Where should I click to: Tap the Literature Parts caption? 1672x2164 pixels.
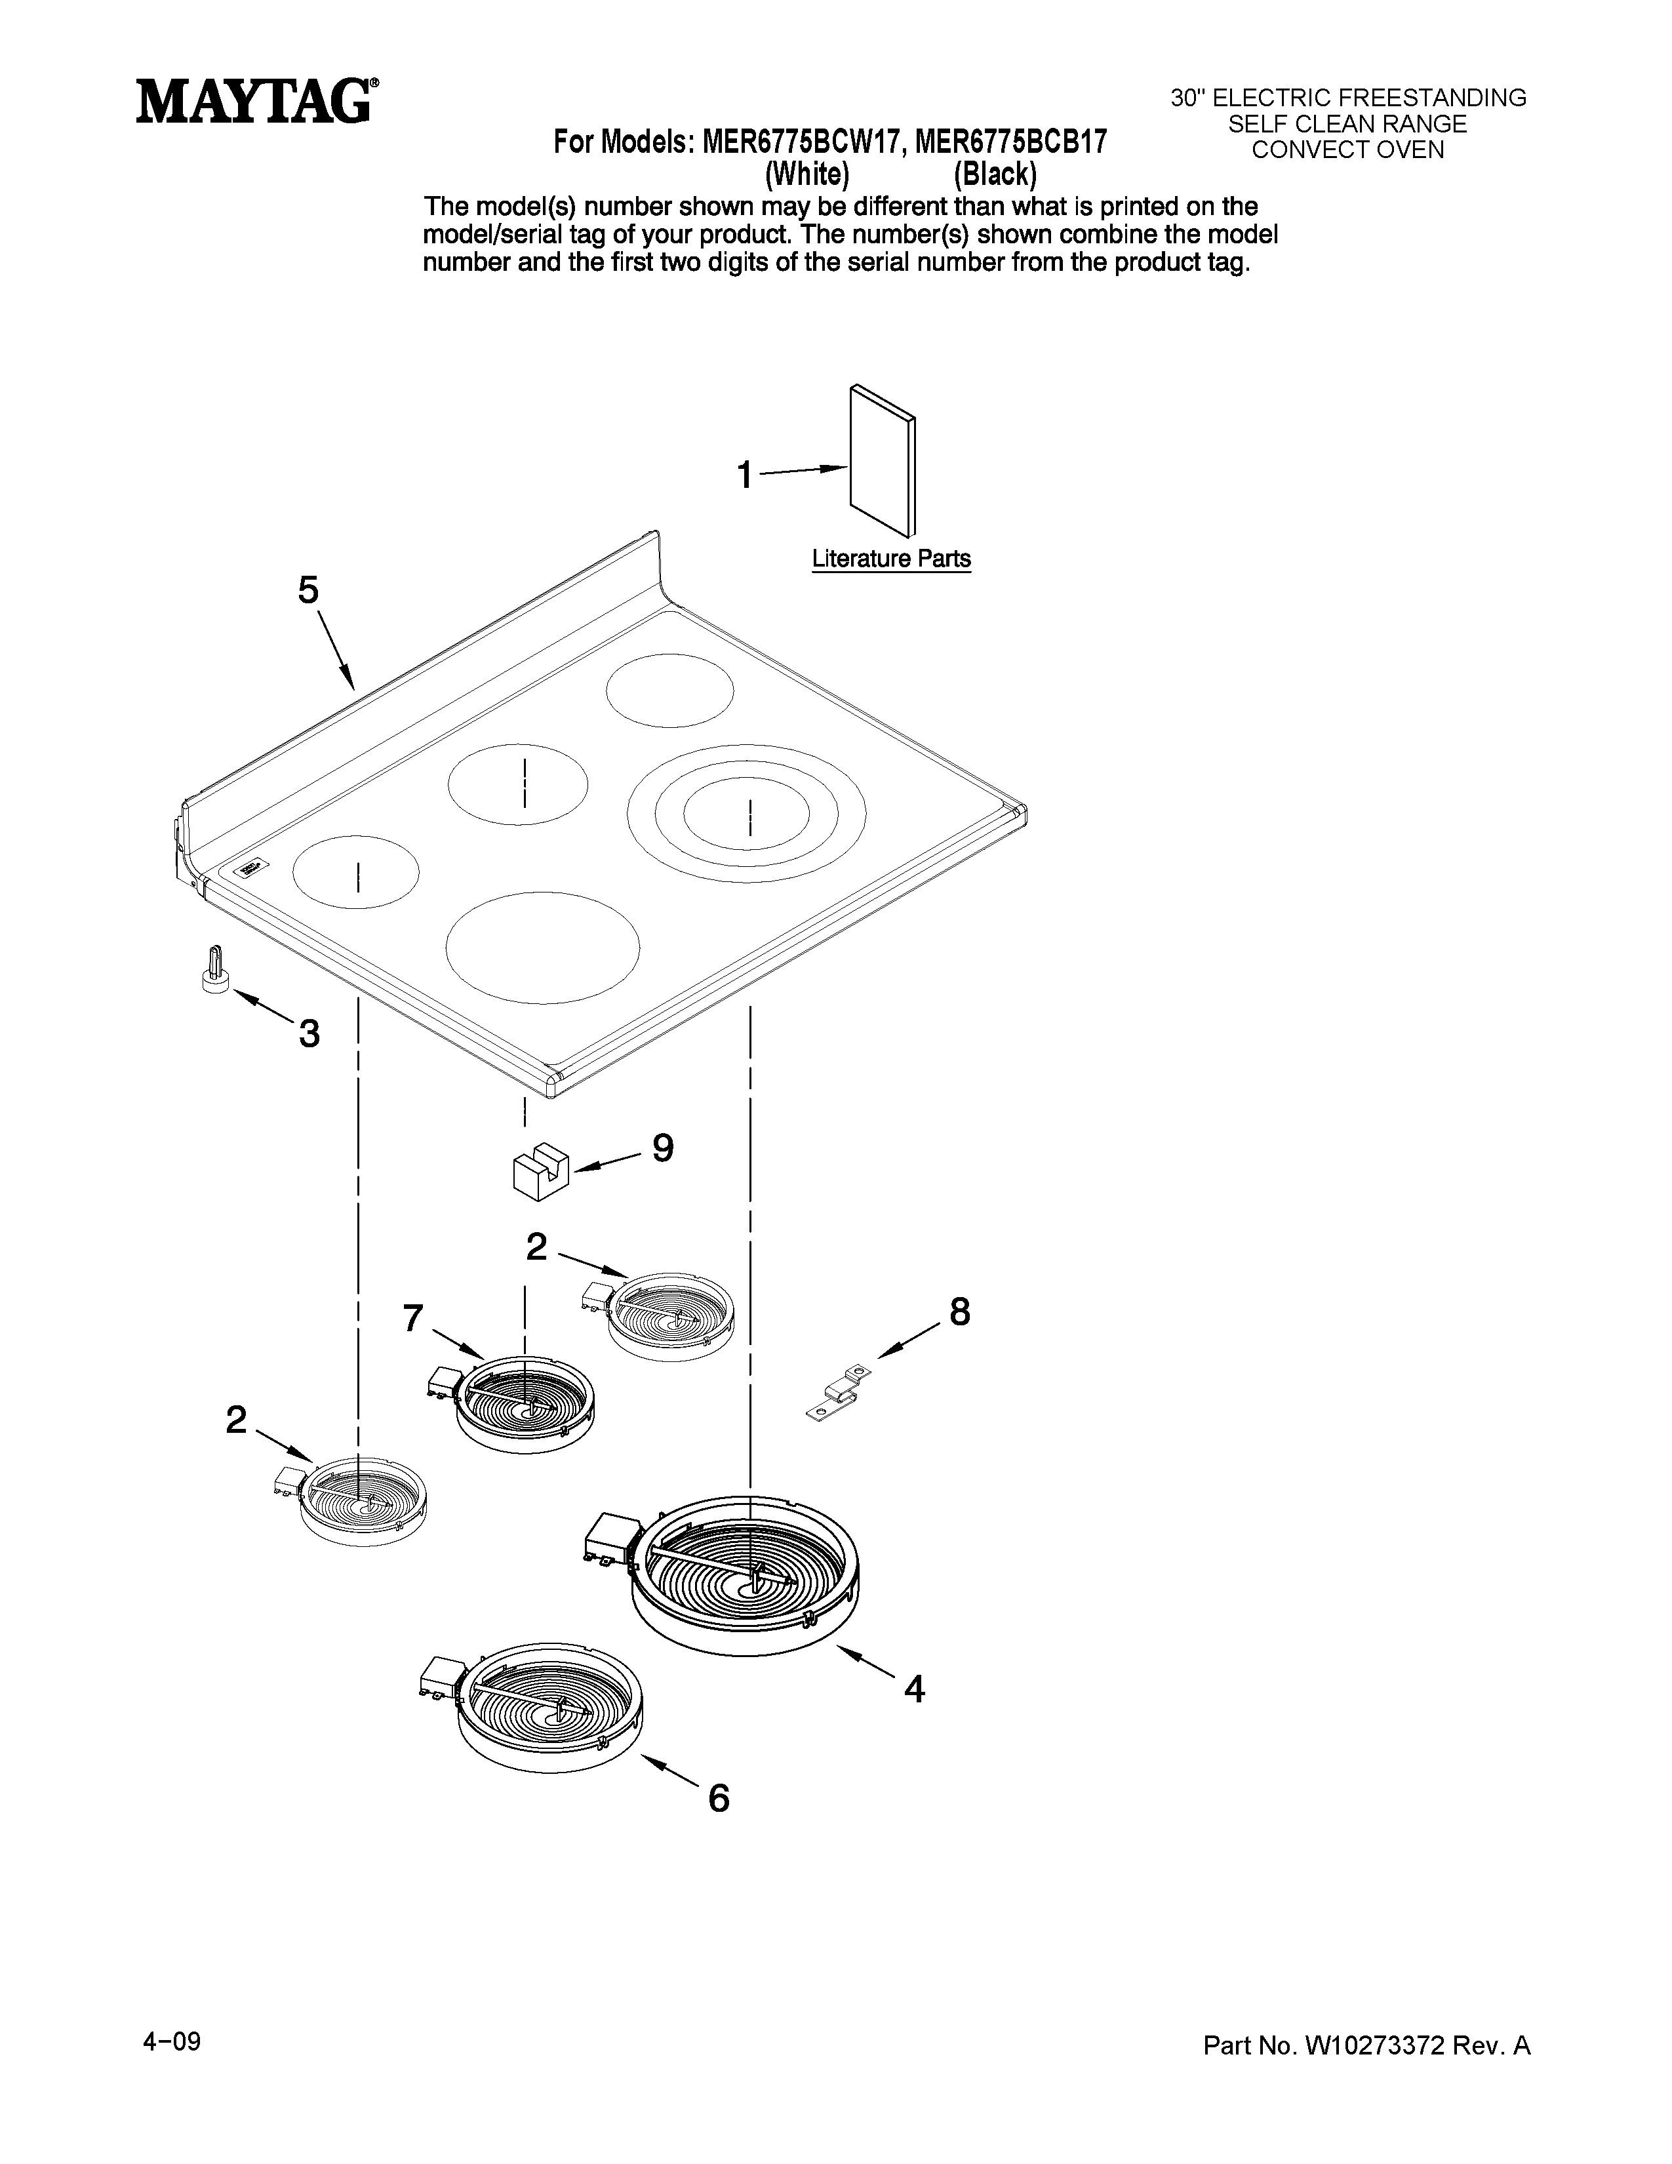click(890, 559)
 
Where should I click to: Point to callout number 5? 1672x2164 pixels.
click(309, 591)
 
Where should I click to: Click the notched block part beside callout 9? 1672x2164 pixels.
click(540, 1169)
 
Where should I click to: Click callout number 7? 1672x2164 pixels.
click(413, 1318)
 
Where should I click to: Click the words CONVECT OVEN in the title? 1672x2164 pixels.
click(1347, 150)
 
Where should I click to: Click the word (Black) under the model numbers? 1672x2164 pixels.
click(995, 174)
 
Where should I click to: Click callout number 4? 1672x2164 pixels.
click(914, 1689)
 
